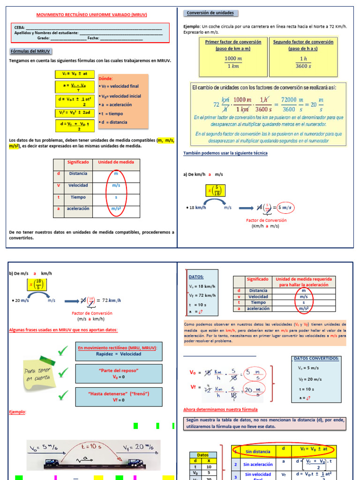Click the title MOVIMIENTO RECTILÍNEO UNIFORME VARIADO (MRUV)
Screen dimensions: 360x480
(x=92, y=15)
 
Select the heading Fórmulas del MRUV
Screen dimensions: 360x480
(x=30, y=51)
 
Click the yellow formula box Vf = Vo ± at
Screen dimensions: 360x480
(x=75, y=74)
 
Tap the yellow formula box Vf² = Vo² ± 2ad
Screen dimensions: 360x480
(x=75, y=113)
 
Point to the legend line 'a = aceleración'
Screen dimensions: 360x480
(x=116, y=105)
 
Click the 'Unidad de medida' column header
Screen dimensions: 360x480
(x=116, y=162)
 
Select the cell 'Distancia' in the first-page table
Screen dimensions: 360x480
(x=78, y=173)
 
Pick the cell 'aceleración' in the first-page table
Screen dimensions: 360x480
(x=78, y=209)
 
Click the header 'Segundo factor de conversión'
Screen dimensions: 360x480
(x=303, y=42)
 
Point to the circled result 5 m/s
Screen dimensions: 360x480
(x=285, y=208)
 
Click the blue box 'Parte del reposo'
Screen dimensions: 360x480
(x=119, y=374)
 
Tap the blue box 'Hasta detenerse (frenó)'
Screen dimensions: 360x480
(x=119, y=397)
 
